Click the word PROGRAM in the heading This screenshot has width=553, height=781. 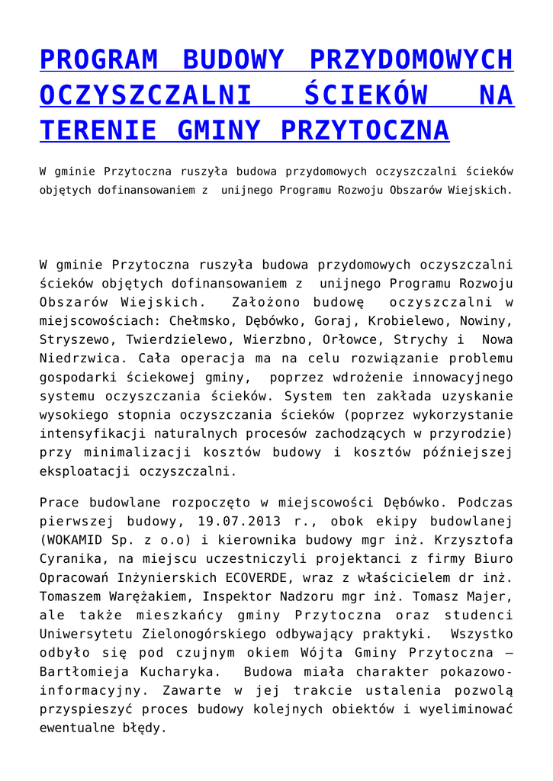[x=98, y=59]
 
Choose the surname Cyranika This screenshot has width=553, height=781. [x=72, y=559]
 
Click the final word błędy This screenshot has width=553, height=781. [x=143, y=727]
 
